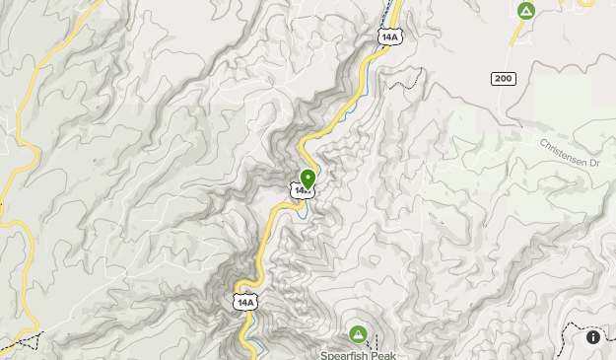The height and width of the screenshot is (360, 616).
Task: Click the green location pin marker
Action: click(308, 179)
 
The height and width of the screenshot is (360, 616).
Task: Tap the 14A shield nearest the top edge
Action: click(388, 36)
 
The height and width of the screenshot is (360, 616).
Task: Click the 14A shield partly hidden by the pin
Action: click(300, 188)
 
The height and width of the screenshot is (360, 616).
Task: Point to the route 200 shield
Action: click(504, 77)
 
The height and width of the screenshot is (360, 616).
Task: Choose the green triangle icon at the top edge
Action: click(525, 11)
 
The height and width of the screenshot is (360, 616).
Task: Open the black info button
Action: click(593, 337)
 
